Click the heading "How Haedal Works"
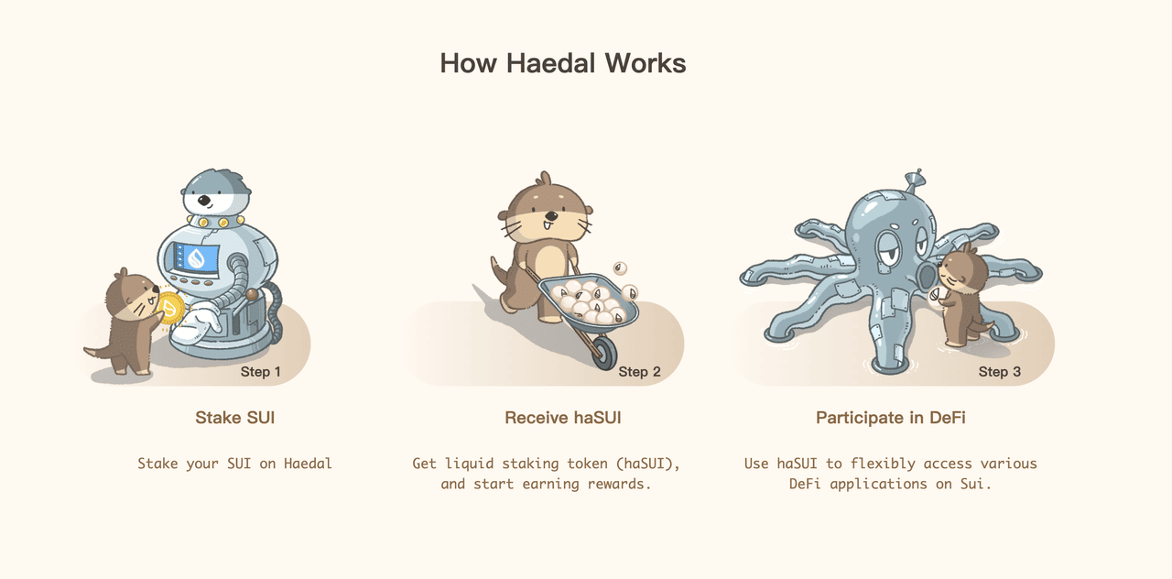[x=563, y=63]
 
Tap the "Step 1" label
[x=261, y=372]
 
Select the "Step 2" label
[x=639, y=372]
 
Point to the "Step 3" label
[x=999, y=372]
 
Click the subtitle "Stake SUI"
[x=235, y=418]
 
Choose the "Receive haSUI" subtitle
[x=563, y=418]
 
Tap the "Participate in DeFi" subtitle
[x=891, y=418]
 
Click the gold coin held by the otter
[x=170, y=308]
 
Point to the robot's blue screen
[x=197, y=257]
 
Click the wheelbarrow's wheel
[x=604, y=354]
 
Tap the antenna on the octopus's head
[x=914, y=180]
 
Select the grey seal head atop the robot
[x=216, y=191]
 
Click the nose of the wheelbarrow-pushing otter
[x=551, y=215]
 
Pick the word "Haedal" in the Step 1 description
[x=308, y=464]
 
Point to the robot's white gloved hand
[x=195, y=323]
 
